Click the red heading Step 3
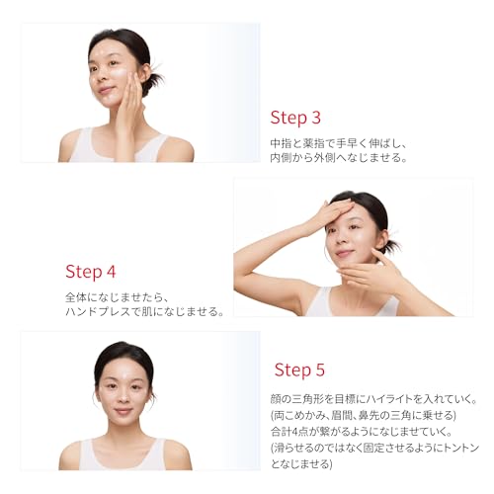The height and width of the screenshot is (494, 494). [295, 118]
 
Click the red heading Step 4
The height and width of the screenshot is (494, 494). [91, 272]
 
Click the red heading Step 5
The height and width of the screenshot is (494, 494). [299, 370]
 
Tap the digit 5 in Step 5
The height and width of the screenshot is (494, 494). [320, 370]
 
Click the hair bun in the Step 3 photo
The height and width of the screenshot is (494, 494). [154, 80]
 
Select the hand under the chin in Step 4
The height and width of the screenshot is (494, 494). [368, 272]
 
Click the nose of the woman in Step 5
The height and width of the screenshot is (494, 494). [123, 399]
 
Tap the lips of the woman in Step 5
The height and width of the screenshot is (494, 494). [123, 412]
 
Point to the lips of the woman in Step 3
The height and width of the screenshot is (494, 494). [106, 90]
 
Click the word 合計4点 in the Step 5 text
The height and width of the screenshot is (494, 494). [289, 432]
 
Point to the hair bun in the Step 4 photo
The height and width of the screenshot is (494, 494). [392, 245]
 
